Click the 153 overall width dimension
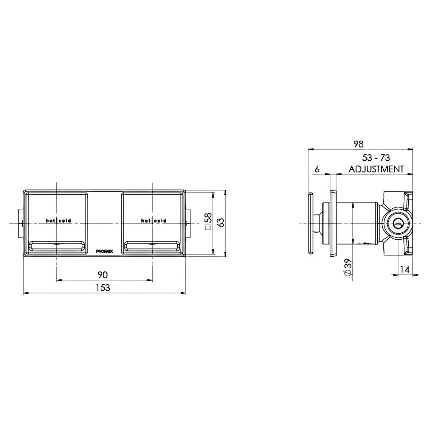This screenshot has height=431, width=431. point(102,287)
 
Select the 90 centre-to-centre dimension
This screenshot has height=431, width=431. point(102,274)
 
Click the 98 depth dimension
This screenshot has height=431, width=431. point(358,144)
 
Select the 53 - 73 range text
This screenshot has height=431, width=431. point(375,158)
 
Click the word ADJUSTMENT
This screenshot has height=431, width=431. point(376,169)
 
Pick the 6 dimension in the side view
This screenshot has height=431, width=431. point(317,169)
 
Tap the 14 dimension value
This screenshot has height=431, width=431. point(405,270)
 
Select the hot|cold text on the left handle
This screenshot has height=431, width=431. point(58,221)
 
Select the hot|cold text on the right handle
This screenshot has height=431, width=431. point(153,221)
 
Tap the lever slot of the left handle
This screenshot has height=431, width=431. point(57,247)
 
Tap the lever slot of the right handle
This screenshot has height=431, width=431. point(152,247)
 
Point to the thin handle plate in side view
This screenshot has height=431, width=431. point(310,224)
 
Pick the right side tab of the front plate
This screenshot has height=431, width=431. point(188,223)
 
